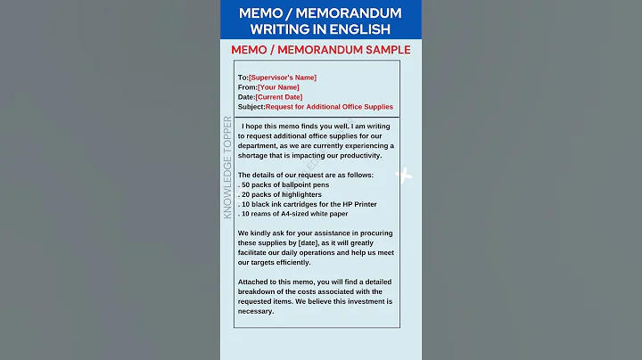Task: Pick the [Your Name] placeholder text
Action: coord(278,87)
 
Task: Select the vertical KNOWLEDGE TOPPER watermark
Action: coord(227,167)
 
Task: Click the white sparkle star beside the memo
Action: coord(404,175)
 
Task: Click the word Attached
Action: coord(255,282)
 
